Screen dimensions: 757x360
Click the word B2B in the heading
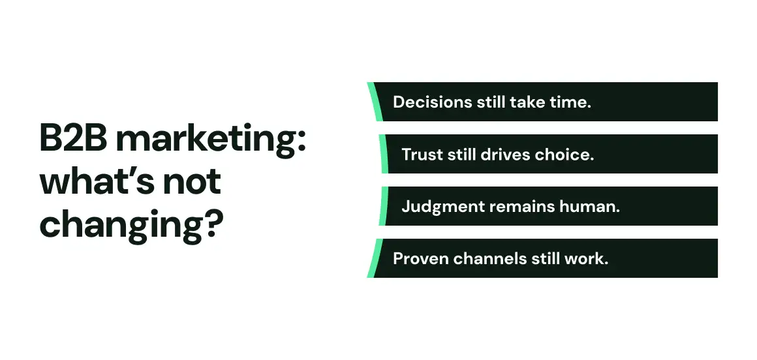tap(74, 138)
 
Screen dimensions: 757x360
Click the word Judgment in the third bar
tap(443, 207)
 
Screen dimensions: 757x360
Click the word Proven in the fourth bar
tap(421, 259)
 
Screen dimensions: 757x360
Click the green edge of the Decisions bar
tap(375, 102)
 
